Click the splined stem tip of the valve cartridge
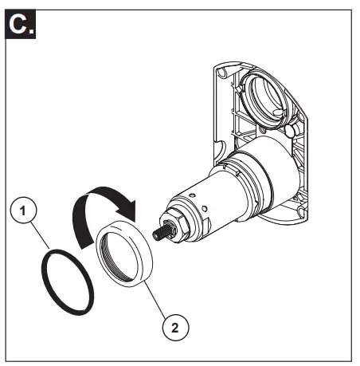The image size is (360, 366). tap(158, 233)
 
